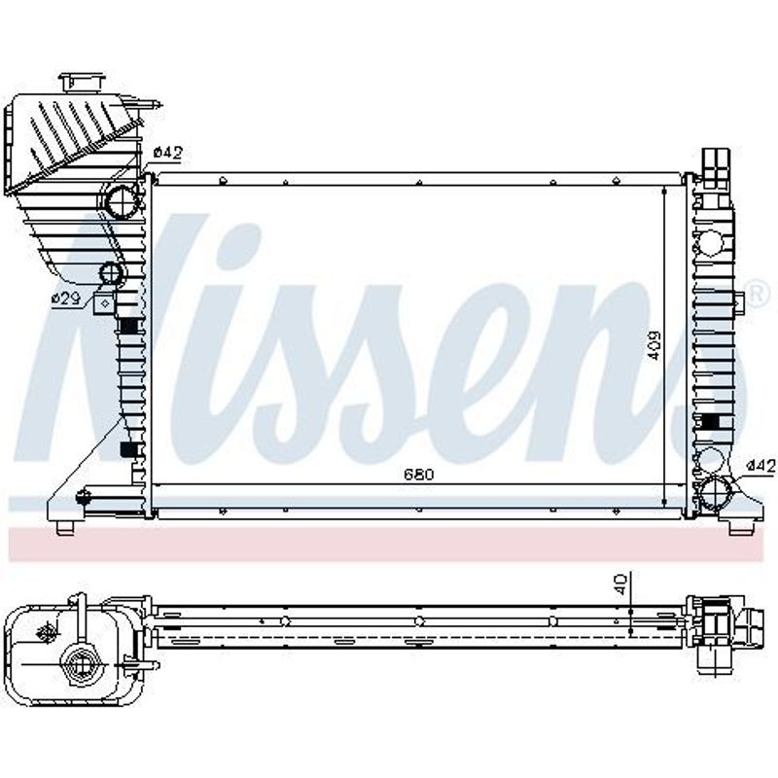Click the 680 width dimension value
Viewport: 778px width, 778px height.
pyautogui.click(x=419, y=475)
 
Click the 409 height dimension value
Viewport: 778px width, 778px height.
pyautogui.click(x=654, y=345)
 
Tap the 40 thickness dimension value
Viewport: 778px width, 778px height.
pyautogui.click(x=621, y=584)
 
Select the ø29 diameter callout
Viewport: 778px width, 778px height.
pyautogui.click(x=66, y=299)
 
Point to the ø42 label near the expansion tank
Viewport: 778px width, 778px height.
pyautogui.click(x=168, y=153)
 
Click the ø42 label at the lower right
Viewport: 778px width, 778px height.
pyautogui.click(x=760, y=466)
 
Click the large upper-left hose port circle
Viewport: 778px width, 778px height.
pyautogui.click(x=123, y=201)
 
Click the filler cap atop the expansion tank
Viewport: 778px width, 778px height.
pyautogui.click(x=83, y=83)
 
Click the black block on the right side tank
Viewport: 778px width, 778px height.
pyautogui.click(x=711, y=422)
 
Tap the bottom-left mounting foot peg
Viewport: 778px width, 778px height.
pyautogui.click(x=65, y=528)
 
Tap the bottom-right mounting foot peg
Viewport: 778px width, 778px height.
pyautogui.click(x=738, y=527)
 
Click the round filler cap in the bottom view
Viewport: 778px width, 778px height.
pyautogui.click(x=80, y=664)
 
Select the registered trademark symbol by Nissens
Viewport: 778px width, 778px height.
pyautogui.click(x=759, y=295)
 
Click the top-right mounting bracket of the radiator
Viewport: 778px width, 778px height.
pyautogui.click(x=717, y=168)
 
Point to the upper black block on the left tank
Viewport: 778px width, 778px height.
pyautogui.click(x=129, y=326)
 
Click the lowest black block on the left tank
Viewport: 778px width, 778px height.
pyautogui.click(x=128, y=449)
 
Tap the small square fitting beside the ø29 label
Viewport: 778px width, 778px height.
pyautogui.click(x=104, y=302)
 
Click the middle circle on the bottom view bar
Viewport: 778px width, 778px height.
pyautogui.click(x=419, y=620)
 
